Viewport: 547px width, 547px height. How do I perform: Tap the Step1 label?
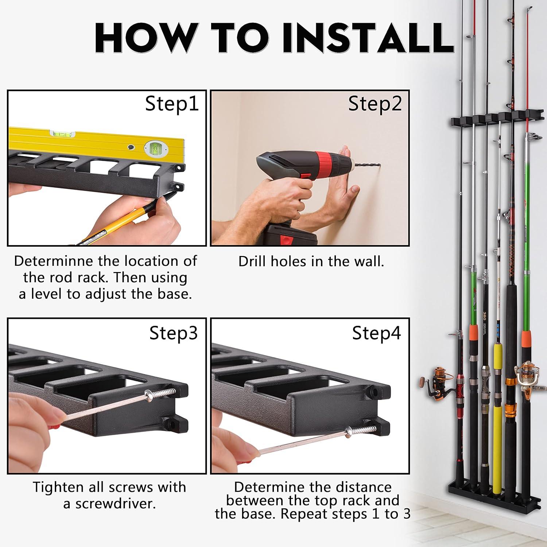pyautogui.click(x=172, y=104)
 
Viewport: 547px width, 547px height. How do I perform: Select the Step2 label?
pyautogui.click(x=375, y=104)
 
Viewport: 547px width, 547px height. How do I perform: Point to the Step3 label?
pyautogui.click(x=174, y=333)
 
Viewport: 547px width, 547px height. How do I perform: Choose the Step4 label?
pyautogui.click(x=376, y=333)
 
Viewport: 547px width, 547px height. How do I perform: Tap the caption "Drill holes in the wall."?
pyautogui.click(x=311, y=261)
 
